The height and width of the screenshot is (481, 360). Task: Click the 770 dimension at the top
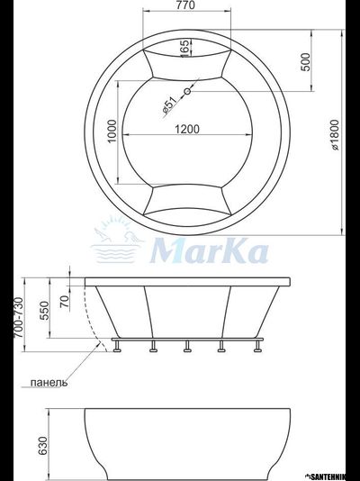pyautogui.click(x=184, y=6)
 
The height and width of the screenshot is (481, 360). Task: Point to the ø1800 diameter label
pyautogui.click(x=334, y=141)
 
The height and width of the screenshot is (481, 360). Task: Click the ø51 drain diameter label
pyautogui.click(x=168, y=106)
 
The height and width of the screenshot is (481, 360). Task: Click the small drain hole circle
pyautogui.click(x=187, y=92)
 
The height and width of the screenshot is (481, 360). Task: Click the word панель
pyautogui.click(x=48, y=382)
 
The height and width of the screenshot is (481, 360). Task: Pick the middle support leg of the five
pyautogui.click(x=185, y=347)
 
